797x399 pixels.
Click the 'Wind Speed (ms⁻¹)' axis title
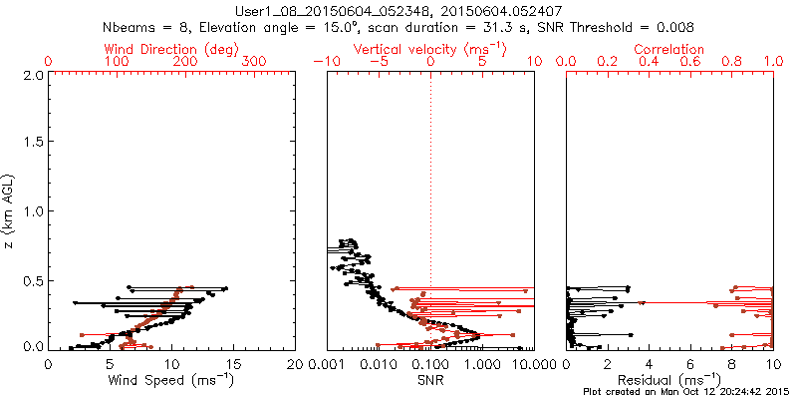coord(171,380)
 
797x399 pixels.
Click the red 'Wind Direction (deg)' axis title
coord(172,49)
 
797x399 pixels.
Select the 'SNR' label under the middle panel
coord(431,380)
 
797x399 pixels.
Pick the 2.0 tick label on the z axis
coord(32,75)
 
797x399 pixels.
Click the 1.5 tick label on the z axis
coord(32,143)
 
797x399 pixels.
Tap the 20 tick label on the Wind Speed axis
coord(295,364)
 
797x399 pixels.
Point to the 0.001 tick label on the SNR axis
coord(327,364)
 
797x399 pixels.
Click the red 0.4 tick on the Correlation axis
coord(650,61)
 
